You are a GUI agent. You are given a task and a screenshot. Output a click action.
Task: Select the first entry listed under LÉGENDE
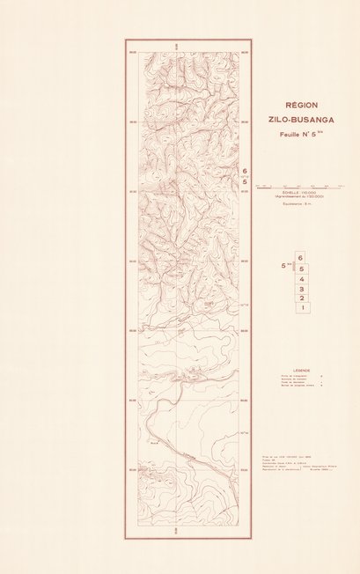[282, 379]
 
